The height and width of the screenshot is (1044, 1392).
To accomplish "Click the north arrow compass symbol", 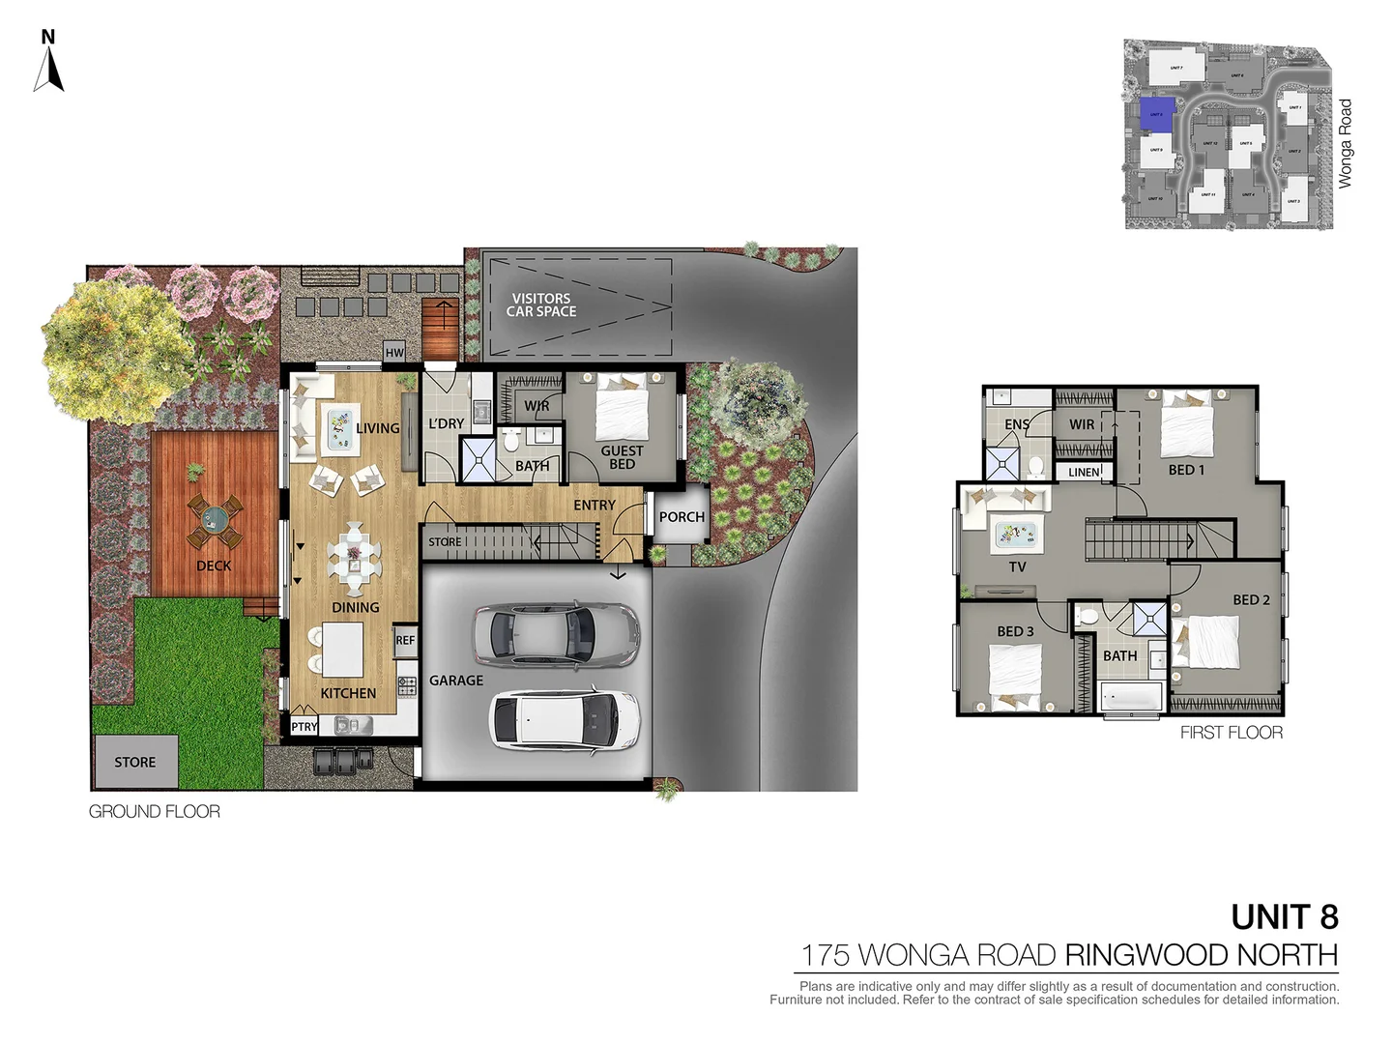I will (x=48, y=64).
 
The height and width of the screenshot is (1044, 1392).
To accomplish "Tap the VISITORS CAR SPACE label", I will (x=541, y=305).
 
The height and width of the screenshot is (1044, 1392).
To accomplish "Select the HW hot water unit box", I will (x=394, y=353).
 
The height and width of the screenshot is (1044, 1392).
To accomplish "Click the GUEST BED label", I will (x=622, y=457).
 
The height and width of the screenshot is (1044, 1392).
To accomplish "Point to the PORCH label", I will (x=681, y=517).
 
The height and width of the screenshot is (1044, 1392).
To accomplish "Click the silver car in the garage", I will (x=556, y=634).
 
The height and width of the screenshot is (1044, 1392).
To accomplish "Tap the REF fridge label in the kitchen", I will (x=405, y=641).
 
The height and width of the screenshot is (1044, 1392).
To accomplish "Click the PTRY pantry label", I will (x=304, y=727).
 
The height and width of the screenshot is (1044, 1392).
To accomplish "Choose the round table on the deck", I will (x=215, y=521).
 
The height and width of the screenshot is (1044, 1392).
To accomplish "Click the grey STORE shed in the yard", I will (x=135, y=762).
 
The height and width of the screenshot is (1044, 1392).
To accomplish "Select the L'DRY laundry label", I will (x=446, y=423).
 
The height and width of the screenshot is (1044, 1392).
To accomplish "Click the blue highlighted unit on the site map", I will (x=1156, y=114).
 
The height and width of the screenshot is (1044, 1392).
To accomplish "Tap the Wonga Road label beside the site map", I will (x=1345, y=143).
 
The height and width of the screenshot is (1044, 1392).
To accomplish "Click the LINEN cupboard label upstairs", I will (x=1084, y=473).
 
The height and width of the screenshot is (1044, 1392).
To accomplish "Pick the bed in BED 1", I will (x=1186, y=425).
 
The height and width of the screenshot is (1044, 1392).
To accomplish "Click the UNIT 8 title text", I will (x=1285, y=916).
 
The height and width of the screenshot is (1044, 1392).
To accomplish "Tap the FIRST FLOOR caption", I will (x=1232, y=733).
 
